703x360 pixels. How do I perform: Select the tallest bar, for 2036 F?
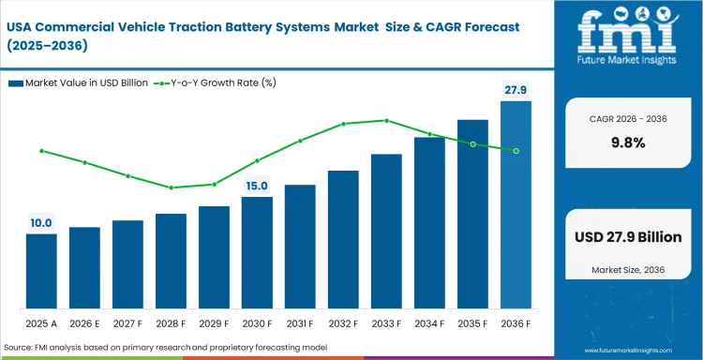pyautogui.click(x=516, y=205)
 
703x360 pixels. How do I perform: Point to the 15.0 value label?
pyautogui.click(x=257, y=186)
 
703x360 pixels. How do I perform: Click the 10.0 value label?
pyautogui.click(x=41, y=223)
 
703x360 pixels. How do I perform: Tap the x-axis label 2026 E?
pyautogui.click(x=84, y=323)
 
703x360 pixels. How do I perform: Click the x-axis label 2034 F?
pyautogui.click(x=429, y=323)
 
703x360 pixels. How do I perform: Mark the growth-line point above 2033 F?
pyautogui.click(x=386, y=120)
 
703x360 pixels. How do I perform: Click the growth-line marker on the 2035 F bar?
pyautogui.click(x=472, y=144)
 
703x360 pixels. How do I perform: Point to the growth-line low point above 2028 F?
pyautogui.click(x=171, y=187)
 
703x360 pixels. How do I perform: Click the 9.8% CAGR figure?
pyautogui.click(x=627, y=142)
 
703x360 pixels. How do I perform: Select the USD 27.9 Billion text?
pyautogui.click(x=627, y=237)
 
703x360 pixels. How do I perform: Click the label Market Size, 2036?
pyautogui.click(x=627, y=270)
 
